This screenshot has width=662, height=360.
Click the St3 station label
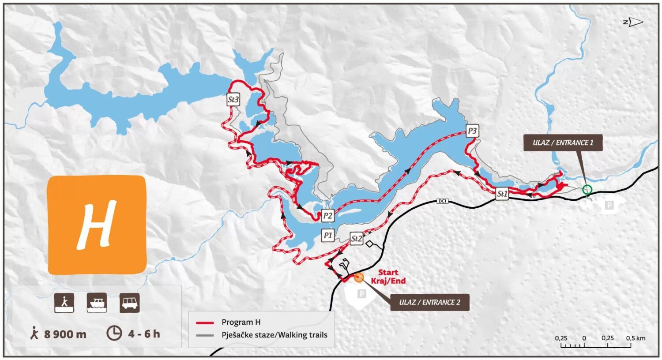(x=233, y=100)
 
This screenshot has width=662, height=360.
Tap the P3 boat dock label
(x=472, y=131)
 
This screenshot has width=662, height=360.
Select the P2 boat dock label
(x=327, y=216)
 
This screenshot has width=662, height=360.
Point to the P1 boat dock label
(x=327, y=236)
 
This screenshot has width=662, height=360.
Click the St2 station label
(x=356, y=239)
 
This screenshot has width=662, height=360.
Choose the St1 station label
(x=502, y=194)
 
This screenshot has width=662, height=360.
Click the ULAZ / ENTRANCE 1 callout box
(x=563, y=143)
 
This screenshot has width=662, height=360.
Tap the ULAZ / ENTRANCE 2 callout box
(x=429, y=303)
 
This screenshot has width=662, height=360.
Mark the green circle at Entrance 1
(x=587, y=190)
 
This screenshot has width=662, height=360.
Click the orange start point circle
(x=359, y=277)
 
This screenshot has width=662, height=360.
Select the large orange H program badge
(x=97, y=225)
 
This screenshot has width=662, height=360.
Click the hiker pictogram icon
(x=64, y=303)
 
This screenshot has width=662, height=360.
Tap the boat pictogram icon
(x=97, y=303)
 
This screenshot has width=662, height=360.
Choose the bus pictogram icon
(x=130, y=303)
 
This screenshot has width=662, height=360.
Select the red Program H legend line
(x=205, y=323)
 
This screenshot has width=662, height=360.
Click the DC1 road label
(x=442, y=201)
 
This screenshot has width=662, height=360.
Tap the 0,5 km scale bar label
(x=635, y=338)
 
